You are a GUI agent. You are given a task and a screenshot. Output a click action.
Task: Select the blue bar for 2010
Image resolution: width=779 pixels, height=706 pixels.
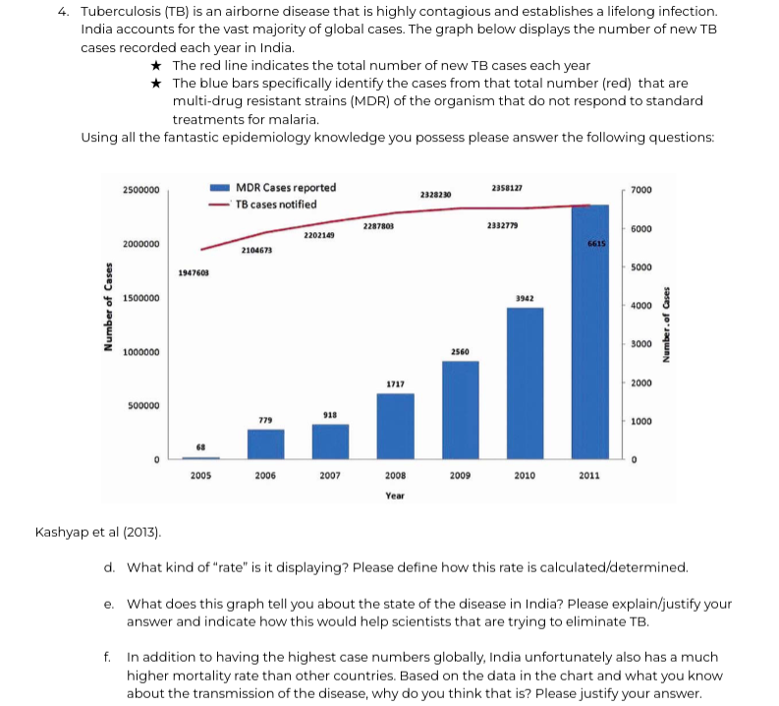(x=525, y=383)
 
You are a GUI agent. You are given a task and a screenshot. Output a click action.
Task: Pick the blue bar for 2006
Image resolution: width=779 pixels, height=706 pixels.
(x=265, y=443)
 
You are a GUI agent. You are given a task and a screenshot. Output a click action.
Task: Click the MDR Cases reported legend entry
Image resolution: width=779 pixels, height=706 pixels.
(x=285, y=188)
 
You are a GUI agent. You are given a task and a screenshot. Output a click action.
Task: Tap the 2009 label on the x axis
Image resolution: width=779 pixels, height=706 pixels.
(x=460, y=475)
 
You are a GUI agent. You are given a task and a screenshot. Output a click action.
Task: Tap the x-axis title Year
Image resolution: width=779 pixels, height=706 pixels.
(x=395, y=496)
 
